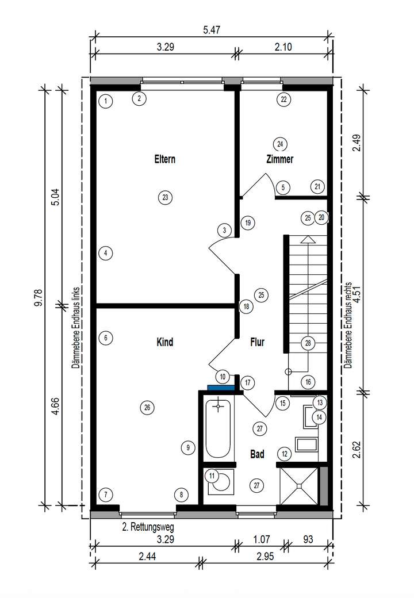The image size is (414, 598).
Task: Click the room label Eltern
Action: pyautogui.click(x=164, y=159)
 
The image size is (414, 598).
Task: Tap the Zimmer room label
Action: pyautogui.click(x=280, y=159)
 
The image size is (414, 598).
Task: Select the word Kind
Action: pyautogui.click(x=164, y=342)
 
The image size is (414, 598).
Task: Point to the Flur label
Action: pyautogui.click(x=257, y=342)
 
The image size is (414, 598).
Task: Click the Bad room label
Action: pyautogui.click(x=257, y=454)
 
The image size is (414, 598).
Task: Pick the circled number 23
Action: pyautogui.click(x=164, y=198)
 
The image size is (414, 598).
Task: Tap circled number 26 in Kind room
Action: pyautogui.click(x=147, y=408)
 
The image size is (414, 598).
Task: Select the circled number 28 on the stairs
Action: pyautogui.click(x=308, y=343)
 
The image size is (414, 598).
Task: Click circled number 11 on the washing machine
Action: pyautogui.click(x=212, y=476)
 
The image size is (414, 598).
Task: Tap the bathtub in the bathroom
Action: pyautogui.click(x=219, y=428)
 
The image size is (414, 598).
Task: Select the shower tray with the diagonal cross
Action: pyautogui.click(x=298, y=485)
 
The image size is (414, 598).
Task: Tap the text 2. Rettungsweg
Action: pyautogui.click(x=148, y=526)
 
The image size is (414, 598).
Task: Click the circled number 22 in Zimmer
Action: pyautogui.click(x=283, y=99)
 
